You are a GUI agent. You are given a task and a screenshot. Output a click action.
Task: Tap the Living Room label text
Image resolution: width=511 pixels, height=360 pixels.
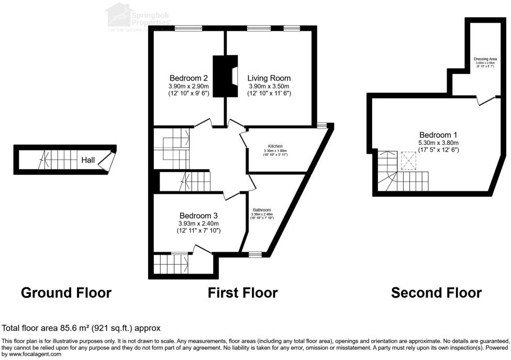click(x=269, y=78)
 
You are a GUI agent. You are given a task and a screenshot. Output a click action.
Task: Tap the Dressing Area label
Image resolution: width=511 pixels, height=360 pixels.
click(x=485, y=59)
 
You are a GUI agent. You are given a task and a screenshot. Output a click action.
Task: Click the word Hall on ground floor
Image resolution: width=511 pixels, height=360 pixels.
click(x=88, y=160)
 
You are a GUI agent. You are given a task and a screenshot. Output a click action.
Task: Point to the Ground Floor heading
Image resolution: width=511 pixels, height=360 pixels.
click(x=66, y=292)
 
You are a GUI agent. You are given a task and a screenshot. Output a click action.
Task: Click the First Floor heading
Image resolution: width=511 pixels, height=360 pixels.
click(x=243, y=292)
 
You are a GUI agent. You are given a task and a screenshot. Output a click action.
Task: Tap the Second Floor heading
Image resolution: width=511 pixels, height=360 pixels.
click(x=436, y=292)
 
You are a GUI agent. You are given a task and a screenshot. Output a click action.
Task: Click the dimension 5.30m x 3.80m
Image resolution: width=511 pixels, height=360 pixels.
click(x=438, y=143)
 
